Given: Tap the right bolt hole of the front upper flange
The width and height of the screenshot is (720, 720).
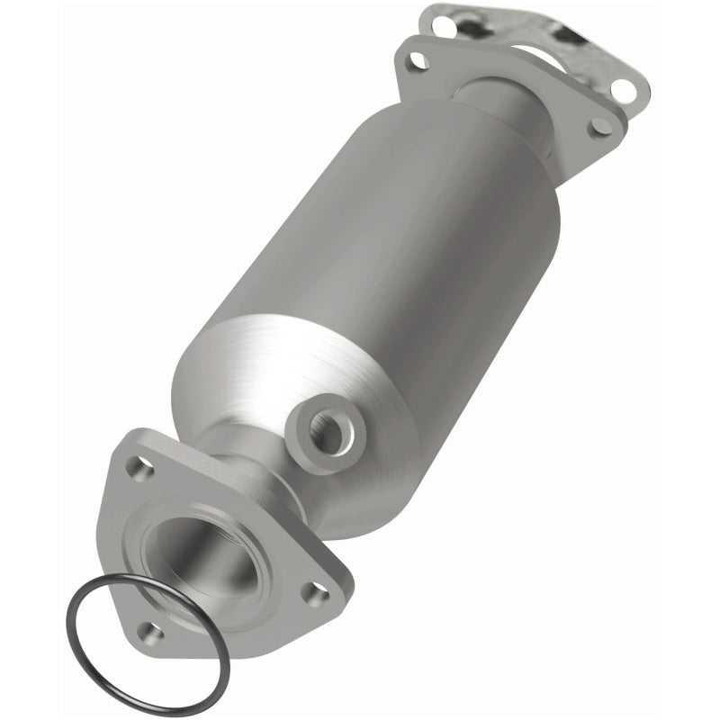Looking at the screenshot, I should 596,129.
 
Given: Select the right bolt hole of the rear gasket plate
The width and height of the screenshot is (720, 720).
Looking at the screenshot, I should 624,89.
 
